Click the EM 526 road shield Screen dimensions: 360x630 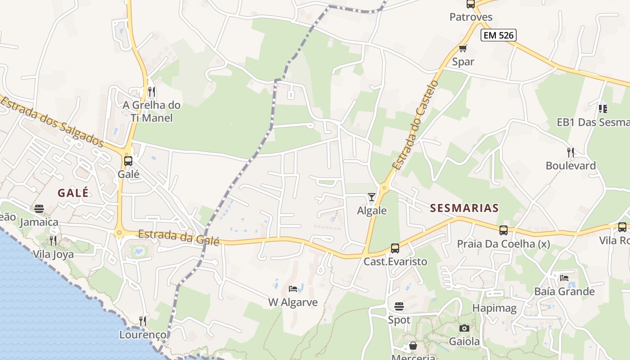point(498,35)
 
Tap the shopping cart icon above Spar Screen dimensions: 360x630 point(463,48)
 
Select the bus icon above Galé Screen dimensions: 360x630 point(128,161)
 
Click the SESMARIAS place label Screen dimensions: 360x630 point(464,208)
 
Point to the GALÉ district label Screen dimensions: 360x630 point(73,193)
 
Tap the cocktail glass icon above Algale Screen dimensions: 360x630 point(372,197)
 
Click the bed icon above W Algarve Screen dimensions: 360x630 point(293,288)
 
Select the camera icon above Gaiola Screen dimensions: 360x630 point(464,328)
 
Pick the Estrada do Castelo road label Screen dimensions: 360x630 point(415,125)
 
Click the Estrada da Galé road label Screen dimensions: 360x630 point(179,237)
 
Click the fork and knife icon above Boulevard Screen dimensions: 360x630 point(571,153)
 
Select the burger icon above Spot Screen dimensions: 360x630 point(399,306)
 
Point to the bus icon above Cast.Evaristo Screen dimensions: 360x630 point(395,248)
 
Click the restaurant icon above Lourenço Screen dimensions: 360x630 point(143,321)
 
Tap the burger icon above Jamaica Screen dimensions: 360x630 point(39,209)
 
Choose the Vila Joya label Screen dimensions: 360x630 point(53,254)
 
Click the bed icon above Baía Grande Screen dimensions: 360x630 point(564,278)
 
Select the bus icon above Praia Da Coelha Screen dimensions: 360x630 point(504,230)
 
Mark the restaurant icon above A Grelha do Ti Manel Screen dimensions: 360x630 point(152,92)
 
